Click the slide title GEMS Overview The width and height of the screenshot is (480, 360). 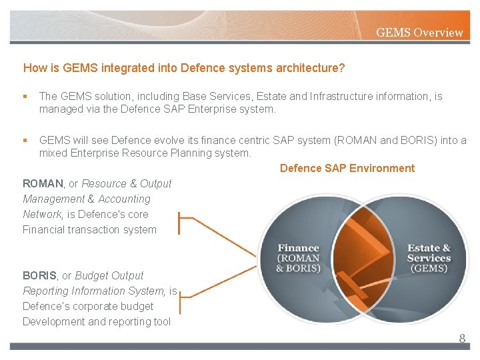click(x=419, y=32)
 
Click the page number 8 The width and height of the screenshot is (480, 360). click(x=461, y=339)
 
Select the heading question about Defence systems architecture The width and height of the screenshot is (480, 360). click(x=183, y=68)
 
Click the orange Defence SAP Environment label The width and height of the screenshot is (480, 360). click(x=347, y=168)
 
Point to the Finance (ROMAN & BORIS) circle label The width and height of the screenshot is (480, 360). click(x=298, y=259)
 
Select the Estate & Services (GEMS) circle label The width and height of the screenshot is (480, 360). click(x=429, y=258)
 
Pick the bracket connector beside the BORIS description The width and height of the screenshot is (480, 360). click(x=185, y=298)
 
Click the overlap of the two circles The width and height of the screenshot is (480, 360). click(x=363, y=257)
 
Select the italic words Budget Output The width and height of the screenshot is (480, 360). click(x=109, y=275)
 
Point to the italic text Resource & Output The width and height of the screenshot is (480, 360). click(x=127, y=183)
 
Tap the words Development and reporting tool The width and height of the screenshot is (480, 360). click(x=96, y=322)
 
